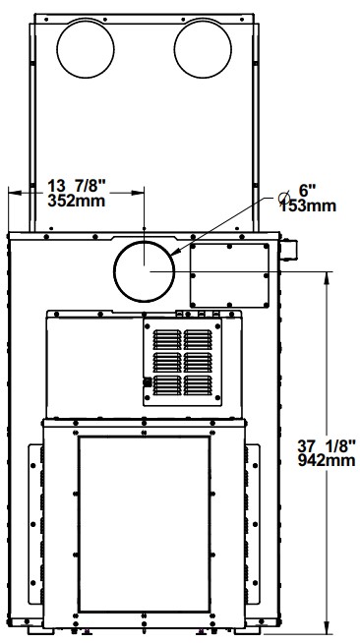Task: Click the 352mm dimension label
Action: pyautogui.click(x=77, y=201)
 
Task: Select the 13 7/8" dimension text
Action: pyautogui.click(x=77, y=186)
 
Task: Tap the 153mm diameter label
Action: pyautogui.click(x=308, y=205)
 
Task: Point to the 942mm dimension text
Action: pyautogui.click(x=327, y=460)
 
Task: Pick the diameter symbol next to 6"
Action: pyautogui.click(x=283, y=198)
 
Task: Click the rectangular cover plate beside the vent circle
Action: pyautogui.click(x=229, y=275)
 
